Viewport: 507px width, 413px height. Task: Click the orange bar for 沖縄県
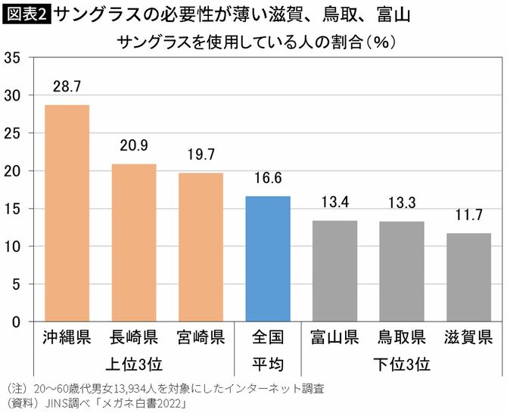67,213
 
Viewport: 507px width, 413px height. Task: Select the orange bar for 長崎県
134,243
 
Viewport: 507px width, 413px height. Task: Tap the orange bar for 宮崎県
201,247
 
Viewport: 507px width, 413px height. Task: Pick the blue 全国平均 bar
268,259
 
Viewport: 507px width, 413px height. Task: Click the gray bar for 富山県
334,271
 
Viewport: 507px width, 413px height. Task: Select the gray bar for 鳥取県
402,272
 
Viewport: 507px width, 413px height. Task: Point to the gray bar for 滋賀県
468,278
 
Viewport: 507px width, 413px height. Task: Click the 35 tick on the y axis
12,57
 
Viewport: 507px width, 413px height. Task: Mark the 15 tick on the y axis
12,209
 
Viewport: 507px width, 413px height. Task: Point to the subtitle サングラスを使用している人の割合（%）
257,41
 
